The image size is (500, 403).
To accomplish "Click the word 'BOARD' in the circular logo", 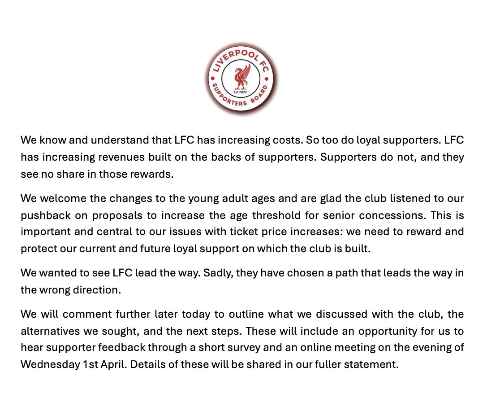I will click(x=264, y=95).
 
